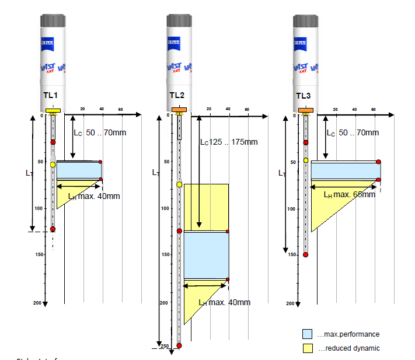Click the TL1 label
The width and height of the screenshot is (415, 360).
[50, 96]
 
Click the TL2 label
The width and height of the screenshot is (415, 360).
[177, 96]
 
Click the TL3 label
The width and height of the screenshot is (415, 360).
[304, 96]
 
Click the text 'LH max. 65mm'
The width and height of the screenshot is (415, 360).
[350, 194]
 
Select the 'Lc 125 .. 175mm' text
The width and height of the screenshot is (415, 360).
[229, 142]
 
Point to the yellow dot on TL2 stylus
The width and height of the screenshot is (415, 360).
[179, 184]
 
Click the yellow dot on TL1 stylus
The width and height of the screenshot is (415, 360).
[53, 165]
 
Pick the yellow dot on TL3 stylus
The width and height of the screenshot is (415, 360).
[305, 160]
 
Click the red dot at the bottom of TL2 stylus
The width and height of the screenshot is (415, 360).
[179, 346]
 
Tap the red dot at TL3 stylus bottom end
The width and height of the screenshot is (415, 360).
[305, 255]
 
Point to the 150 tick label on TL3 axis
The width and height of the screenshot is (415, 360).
[290, 255]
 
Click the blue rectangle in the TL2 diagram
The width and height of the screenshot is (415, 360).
[206, 255]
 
